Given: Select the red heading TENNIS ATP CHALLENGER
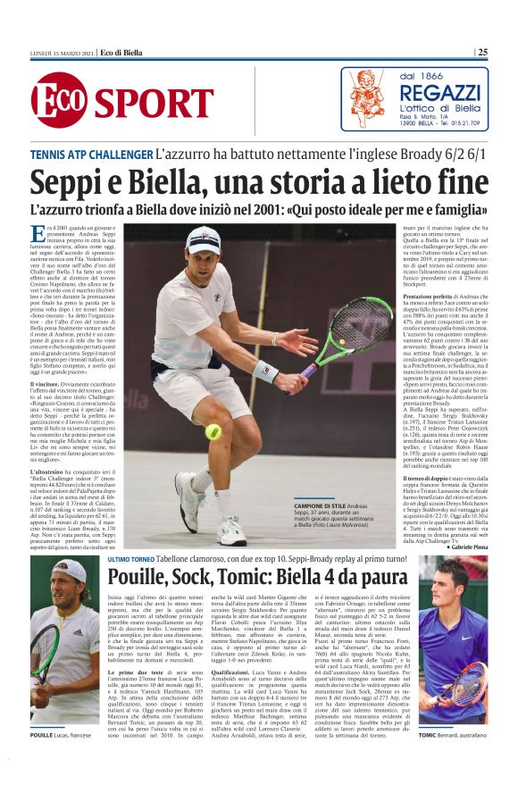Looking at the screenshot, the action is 91,154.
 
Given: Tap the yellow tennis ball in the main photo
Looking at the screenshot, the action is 213,431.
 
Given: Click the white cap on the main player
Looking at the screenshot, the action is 203,238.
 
